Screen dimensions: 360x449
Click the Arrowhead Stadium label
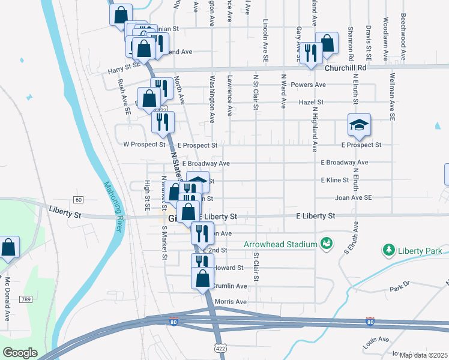pos(280,244)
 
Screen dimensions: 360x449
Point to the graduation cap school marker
pos(360,125)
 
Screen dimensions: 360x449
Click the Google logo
pos(20,353)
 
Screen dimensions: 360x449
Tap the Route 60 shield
pos(79,199)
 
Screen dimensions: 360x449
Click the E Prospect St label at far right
pos(361,145)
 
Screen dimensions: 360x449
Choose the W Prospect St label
pos(144,145)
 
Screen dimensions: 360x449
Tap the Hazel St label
pos(312,103)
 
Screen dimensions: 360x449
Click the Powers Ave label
pos(308,85)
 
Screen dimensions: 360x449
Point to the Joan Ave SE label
pos(354,197)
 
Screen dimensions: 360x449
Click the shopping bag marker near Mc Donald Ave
pos(9,247)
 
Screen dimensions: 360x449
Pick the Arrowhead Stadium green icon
pos(326,244)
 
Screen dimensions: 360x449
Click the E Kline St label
pos(335,180)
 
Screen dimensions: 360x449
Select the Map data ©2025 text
pos(423,355)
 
